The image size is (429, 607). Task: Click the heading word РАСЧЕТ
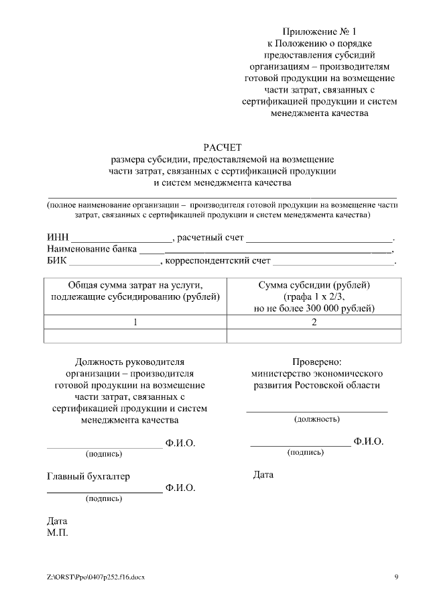[222, 147]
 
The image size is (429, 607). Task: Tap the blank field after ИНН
[121, 238]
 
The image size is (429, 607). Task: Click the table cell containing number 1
[135, 322]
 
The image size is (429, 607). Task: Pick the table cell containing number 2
[313, 322]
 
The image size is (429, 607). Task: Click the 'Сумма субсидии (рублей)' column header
[313, 284]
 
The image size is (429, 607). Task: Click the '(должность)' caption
[317, 419]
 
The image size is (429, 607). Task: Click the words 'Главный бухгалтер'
[88, 476]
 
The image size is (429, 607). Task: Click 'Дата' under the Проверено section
[263, 475]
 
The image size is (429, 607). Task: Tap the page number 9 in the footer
[396, 577]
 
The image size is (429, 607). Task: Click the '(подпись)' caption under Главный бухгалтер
[104, 498]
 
